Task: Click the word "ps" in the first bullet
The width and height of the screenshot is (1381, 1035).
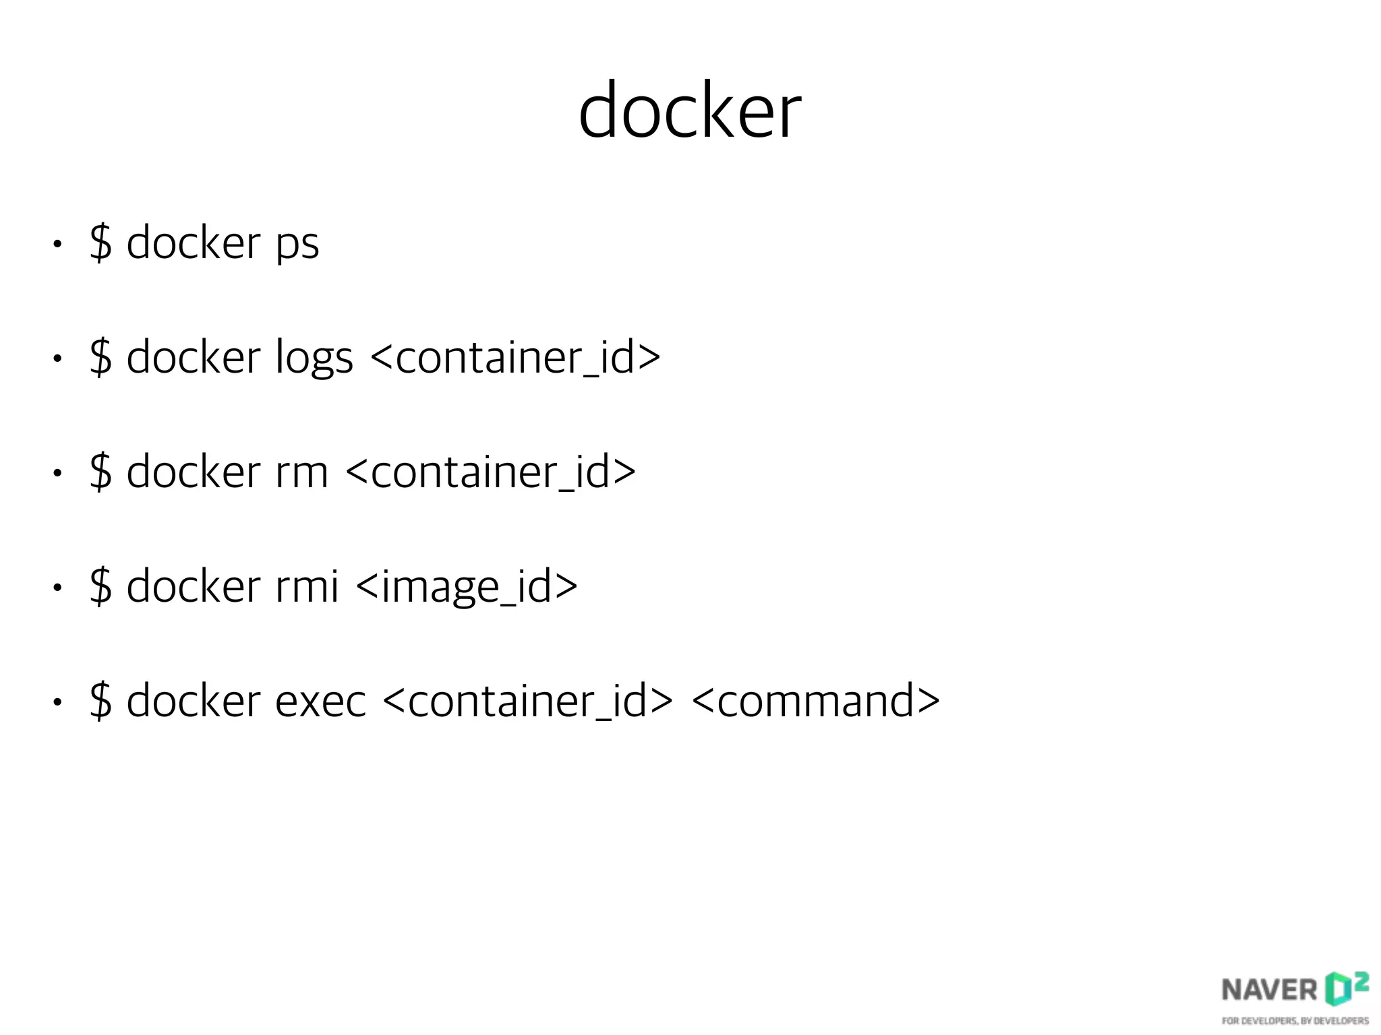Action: (297, 244)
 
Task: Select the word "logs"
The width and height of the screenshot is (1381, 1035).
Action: (314, 358)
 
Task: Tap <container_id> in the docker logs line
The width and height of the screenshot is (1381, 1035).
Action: (516, 358)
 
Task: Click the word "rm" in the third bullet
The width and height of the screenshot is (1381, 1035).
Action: (301, 472)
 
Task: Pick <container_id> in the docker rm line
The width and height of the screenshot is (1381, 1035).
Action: (491, 472)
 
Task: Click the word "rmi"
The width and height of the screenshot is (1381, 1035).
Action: (307, 586)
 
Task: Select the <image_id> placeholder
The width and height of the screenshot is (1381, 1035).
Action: (466, 586)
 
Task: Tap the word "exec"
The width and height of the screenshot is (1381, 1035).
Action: (320, 701)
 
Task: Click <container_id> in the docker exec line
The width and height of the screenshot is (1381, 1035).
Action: (528, 701)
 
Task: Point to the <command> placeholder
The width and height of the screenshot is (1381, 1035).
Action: (816, 701)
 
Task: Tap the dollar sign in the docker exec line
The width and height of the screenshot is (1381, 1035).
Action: (100, 701)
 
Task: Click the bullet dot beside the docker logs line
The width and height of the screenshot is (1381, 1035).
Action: (58, 359)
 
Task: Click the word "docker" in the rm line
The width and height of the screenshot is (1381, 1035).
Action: (194, 471)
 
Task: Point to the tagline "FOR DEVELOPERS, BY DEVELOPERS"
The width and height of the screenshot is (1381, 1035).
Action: (1295, 1021)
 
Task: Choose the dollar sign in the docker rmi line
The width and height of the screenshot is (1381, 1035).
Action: (100, 586)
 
